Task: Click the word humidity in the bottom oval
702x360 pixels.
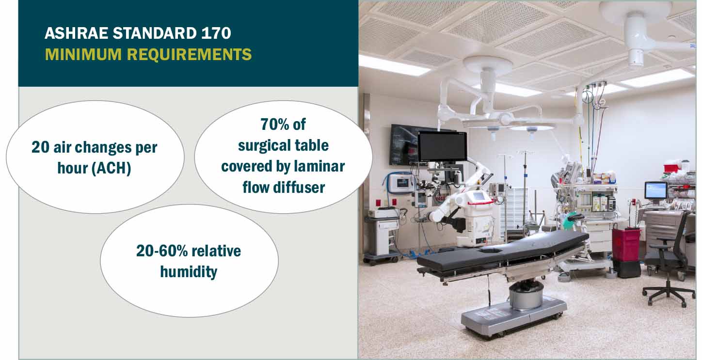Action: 189,272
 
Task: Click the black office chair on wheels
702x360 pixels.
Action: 669,262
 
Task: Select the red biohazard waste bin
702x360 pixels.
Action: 625,245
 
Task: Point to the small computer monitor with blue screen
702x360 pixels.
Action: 655,190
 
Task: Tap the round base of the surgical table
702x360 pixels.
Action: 526,295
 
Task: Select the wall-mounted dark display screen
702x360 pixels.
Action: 403,144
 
